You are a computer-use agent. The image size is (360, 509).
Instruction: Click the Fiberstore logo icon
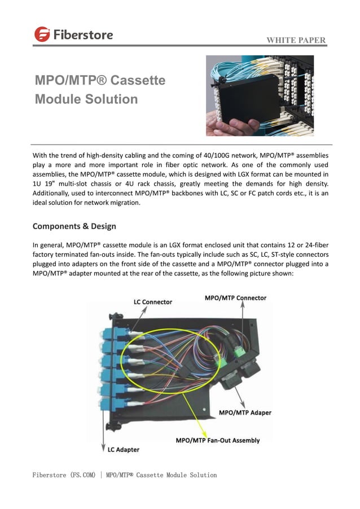[x=42, y=34]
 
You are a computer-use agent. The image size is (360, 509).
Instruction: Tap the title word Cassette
[x=138, y=80]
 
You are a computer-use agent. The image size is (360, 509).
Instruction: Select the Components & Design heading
[x=74, y=226]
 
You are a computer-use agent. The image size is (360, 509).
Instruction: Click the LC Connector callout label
[x=153, y=302]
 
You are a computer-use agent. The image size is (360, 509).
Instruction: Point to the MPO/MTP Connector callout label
[x=235, y=297]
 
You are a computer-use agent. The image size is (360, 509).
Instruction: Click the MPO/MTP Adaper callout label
[x=245, y=413]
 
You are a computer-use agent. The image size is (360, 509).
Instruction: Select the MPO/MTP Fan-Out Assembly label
[x=218, y=440]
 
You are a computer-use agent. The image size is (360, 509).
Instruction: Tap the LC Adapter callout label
[x=124, y=450]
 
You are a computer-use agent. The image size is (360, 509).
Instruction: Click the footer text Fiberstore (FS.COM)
[x=64, y=475]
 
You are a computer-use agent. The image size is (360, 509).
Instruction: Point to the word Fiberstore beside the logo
[x=83, y=34]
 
